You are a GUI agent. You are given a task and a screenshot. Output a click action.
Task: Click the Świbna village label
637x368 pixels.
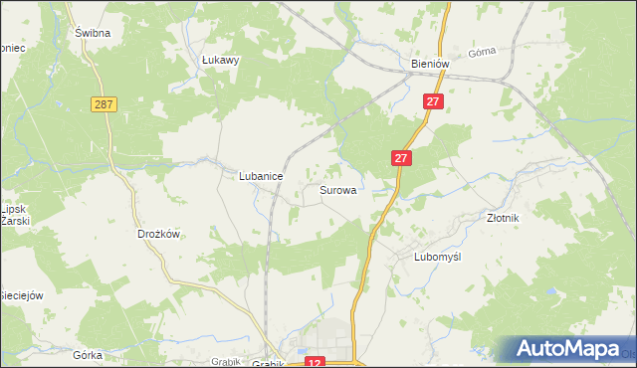[92, 32]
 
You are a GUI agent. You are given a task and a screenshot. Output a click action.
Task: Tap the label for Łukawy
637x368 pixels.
[221, 60]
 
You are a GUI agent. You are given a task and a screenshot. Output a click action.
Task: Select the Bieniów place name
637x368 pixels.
[431, 64]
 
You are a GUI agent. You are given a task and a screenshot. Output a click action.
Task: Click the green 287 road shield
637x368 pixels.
[103, 103]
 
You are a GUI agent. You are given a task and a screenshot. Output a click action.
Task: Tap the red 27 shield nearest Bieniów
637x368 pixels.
[432, 101]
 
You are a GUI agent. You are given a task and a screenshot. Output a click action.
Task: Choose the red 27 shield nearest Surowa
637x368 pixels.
[401, 158]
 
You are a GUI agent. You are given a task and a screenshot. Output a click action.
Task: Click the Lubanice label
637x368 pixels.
[261, 176]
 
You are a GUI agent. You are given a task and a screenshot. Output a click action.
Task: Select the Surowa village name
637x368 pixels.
[338, 189]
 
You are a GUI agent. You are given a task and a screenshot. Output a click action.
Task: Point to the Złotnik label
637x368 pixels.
[504, 216]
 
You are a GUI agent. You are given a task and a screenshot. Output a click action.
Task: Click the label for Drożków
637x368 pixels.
[157, 235]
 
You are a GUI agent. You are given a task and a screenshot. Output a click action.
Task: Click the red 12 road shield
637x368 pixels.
[316, 364]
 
